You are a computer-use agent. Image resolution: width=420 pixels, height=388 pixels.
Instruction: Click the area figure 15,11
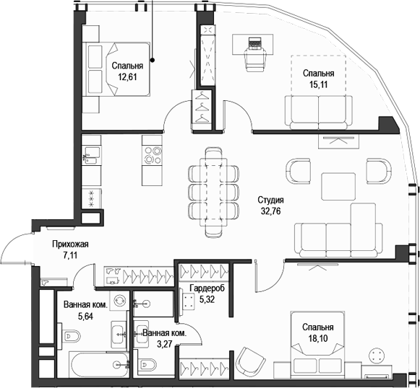318,84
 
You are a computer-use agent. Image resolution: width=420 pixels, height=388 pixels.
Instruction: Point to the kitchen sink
91,153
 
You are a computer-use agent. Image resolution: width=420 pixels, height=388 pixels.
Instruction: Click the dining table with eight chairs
213,191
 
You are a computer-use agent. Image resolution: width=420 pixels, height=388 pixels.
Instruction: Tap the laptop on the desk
254,43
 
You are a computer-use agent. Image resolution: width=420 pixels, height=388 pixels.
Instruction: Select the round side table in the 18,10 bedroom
377,356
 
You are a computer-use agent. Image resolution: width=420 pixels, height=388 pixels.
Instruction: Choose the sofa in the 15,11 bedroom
319,110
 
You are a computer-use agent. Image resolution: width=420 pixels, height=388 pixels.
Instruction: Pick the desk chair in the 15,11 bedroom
254,60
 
